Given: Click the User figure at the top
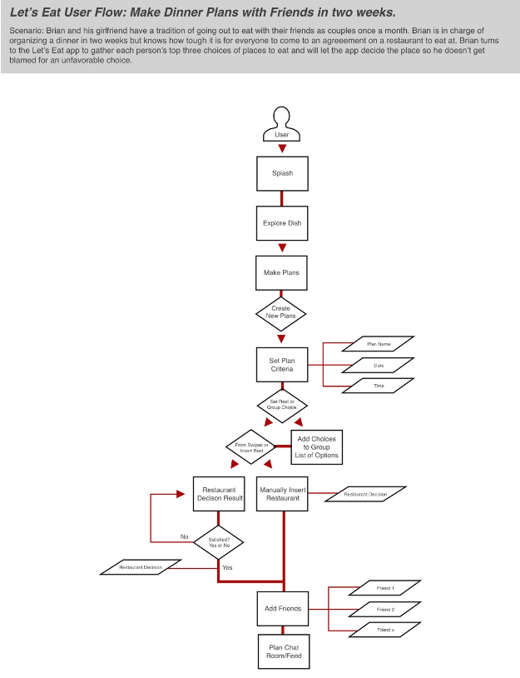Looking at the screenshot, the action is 282,126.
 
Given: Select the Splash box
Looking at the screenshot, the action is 282,173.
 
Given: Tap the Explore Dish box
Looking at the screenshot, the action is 282,223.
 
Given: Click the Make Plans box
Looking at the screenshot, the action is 282,272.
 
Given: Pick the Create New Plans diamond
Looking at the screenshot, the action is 281,313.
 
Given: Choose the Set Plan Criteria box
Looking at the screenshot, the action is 282,365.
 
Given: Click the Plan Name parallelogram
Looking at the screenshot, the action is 379,343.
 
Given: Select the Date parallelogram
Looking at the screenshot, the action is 379,365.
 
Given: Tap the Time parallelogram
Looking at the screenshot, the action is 379,386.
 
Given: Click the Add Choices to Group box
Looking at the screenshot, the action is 316,446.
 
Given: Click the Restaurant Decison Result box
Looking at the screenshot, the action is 219,494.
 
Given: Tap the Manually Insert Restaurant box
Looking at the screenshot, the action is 282,494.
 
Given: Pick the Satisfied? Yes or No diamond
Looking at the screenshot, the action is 219,542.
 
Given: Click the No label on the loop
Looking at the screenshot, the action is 185,536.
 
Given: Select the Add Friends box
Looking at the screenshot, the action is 282,608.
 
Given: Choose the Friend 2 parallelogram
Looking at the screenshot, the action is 385,610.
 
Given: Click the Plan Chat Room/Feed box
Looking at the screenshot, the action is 282,651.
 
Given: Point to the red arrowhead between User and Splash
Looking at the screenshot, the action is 282,148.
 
